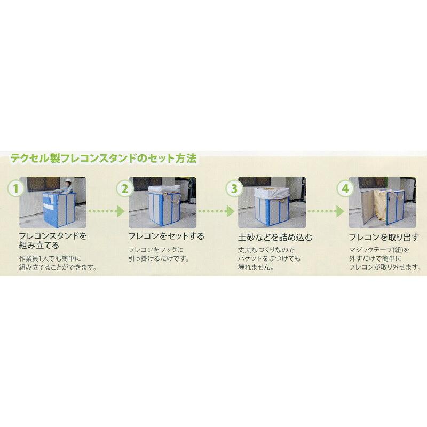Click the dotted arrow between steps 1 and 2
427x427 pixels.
tap(106, 211)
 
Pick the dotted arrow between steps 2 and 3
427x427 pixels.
tap(215, 211)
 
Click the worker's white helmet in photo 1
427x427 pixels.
tap(68, 181)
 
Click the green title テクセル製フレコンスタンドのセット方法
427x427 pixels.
tap(104, 158)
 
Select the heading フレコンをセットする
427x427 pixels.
tap(166, 235)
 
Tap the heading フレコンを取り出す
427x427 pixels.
tap(383, 235)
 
